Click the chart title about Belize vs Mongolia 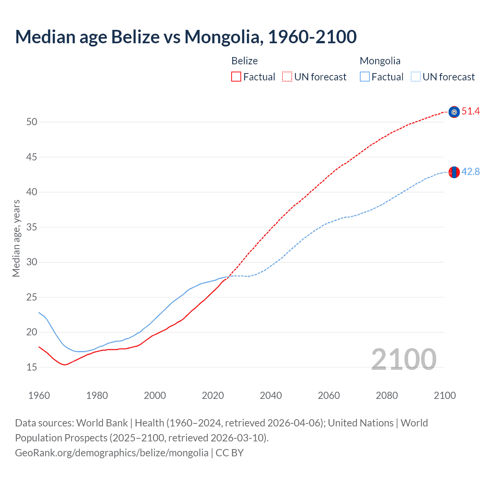pyautogui.click(x=186, y=37)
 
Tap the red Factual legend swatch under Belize pyautogui.click(x=236, y=77)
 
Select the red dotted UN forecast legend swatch pyautogui.click(x=287, y=77)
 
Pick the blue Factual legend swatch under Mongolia pyautogui.click(x=365, y=77)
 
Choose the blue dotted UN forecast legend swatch pyautogui.click(x=416, y=77)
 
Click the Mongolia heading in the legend pyautogui.click(x=380, y=61)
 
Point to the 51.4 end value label pyautogui.click(x=470, y=111)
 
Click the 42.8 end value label pyautogui.click(x=470, y=172)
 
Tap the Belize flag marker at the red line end pyautogui.click(x=454, y=112)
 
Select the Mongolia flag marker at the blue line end pyautogui.click(x=454, y=172)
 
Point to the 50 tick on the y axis pyautogui.click(x=32, y=122)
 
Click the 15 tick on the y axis pyautogui.click(x=32, y=367)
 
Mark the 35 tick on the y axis pyautogui.click(x=32, y=227)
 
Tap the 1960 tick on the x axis pyautogui.click(x=39, y=396)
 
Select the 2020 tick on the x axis pyautogui.click(x=213, y=396)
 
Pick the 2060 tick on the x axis pyautogui.click(x=329, y=396)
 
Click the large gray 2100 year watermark pyautogui.click(x=403, y=359)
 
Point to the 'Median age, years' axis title pyautogui.click(x=16, y=238)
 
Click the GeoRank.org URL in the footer pyautogui.click(x=112, y=453)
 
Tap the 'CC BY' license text pyautogui.click(x=230, y=453)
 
